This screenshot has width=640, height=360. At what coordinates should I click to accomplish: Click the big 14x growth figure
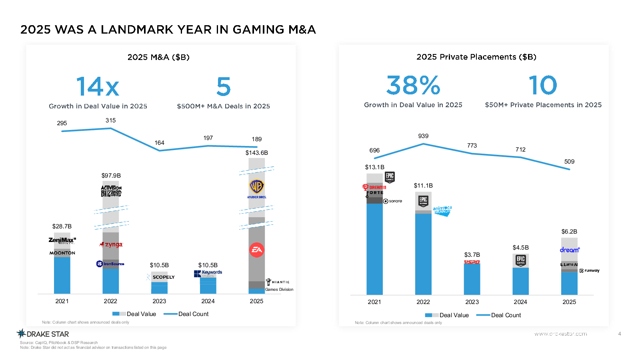point(98,87)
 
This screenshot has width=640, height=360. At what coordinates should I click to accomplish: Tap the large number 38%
point(413,85)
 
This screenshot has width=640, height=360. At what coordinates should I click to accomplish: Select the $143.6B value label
point(256,153)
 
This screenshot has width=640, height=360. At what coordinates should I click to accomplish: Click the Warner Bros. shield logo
point(257,188)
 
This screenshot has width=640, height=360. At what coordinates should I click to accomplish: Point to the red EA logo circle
point(257,250)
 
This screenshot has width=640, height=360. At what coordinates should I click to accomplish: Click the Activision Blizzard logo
point(111,191)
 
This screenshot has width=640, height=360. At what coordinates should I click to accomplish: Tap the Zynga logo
point(112,244)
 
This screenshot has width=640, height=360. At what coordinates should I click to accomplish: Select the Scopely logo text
point(163,277)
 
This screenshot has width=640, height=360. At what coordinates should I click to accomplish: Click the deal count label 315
point(110,120)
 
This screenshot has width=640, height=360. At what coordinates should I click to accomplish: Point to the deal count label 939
point(423,136)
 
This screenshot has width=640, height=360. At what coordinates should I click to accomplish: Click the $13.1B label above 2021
point(374,167)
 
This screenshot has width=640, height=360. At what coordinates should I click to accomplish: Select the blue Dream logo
point(570,250)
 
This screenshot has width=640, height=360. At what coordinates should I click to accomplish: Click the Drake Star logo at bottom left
point(43,334)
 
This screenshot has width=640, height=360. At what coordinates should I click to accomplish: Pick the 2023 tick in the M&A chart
point(159,301)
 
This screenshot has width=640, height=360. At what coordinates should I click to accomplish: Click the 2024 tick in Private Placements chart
point(520,302)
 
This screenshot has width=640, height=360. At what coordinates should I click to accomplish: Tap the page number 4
point(620,334)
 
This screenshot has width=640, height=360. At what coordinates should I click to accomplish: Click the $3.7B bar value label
point(472,255)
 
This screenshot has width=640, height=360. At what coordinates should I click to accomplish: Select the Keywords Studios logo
point(208,273)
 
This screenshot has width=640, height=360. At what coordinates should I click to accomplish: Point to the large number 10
point(543,85)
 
